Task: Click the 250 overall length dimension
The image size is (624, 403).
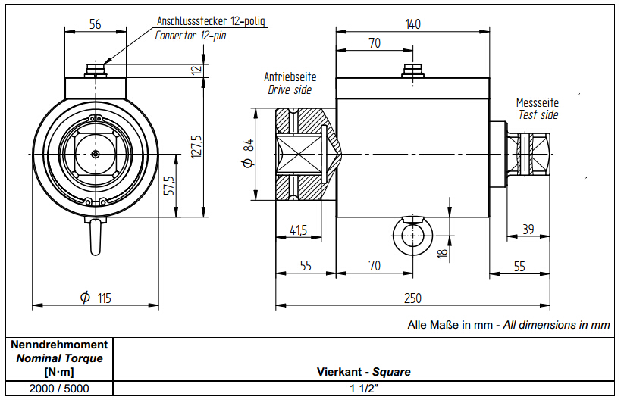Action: click(412, 298)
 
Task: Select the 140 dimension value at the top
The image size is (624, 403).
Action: click(412, 24)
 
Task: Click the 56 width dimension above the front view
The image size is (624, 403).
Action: click(95, 24)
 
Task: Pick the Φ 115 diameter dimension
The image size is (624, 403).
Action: click(96, 298)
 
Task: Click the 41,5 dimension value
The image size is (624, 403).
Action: click(299, 230)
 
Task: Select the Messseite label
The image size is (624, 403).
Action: click(538, 102)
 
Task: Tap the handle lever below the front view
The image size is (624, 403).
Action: click(96, 236)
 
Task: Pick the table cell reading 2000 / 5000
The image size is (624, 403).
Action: click(58, 388)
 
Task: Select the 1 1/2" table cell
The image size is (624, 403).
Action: click(363, 388)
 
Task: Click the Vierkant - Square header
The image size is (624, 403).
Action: click(363, 372)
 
